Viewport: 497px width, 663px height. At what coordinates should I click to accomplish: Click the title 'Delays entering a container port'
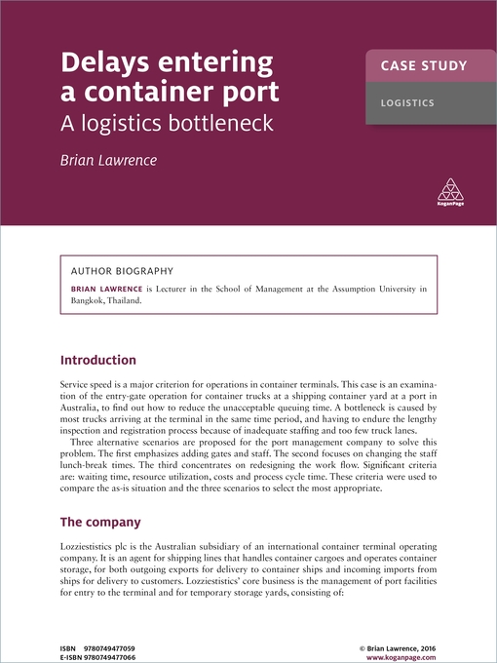coord(171,79)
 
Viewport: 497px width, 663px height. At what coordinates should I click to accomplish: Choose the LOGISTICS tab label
coord(407,102)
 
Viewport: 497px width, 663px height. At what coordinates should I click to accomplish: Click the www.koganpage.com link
coord(401,630)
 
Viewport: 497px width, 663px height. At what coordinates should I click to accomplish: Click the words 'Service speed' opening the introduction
coord(91,386)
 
